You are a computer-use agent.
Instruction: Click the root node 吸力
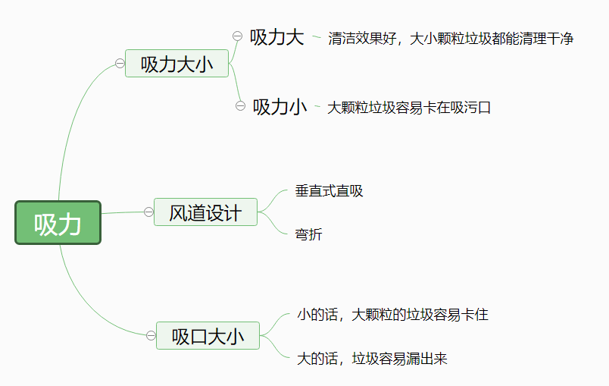[58, 223]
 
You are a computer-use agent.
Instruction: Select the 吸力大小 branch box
[176, 64]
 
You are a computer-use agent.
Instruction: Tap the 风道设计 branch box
[205, 212]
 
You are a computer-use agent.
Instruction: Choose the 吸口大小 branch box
[208, 335]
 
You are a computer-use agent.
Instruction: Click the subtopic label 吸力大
[276, 37]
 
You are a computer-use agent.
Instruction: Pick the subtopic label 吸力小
[280, 107]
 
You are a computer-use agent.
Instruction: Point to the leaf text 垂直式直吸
[329, 191]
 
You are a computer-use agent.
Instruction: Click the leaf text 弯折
[309, 235]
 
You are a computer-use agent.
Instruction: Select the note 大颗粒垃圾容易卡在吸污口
[409, 108]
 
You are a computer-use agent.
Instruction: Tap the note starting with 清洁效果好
[451, 39]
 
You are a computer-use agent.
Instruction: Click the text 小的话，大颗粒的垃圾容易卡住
[392, 314]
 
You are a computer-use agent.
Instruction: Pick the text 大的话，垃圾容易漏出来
[372, 359]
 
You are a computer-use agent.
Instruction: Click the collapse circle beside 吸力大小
[120, 64]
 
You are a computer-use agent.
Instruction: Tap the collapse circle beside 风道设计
[148, 212]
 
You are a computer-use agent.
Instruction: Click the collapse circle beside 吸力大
[237, 36]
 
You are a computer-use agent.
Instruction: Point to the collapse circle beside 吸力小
[240, 106]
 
